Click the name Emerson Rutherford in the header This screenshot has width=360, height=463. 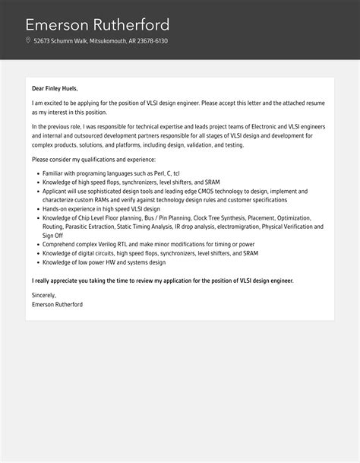(97, 24)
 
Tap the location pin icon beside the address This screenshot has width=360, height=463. (28, 41)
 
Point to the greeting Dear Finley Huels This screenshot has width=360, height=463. (55, 88)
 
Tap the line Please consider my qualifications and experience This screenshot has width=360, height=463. (93, 160)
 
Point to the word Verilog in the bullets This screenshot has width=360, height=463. (103, 244)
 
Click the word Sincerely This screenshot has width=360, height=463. (45, 295)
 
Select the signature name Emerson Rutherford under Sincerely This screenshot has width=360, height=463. (58, 304)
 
